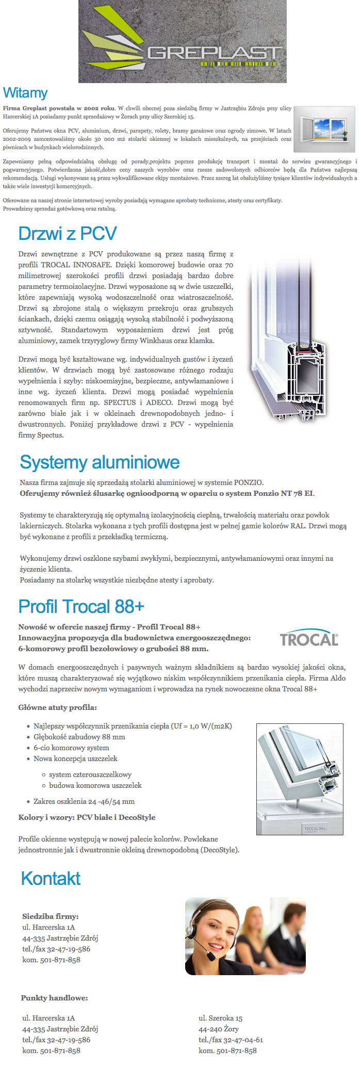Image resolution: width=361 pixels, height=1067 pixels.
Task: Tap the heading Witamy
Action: tap(25, 93)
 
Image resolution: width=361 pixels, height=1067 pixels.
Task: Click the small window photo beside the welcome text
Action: tap(324, 129)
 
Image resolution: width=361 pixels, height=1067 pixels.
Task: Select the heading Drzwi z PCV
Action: tap(68, 233)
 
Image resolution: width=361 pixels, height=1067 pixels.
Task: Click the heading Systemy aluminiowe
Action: tap(100, 462)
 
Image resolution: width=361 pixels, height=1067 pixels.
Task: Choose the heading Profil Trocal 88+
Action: tap(81, 606)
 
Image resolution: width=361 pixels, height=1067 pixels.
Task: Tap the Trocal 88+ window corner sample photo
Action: tap(300, 779)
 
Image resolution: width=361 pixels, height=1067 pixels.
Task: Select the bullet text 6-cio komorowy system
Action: tap(71, 748)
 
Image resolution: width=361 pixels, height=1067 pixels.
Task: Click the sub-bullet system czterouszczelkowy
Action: tap(90, 774)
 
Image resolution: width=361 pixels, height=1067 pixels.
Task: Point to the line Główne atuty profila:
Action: tap(57, 707)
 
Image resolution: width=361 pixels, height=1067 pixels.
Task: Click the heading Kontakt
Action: tap(51, 878)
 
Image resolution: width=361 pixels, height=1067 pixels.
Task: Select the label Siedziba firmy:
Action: tap(51, 916)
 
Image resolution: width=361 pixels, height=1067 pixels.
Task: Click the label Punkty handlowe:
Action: tap(54, 998)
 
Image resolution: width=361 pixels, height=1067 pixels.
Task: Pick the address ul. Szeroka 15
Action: tap(220, 1018)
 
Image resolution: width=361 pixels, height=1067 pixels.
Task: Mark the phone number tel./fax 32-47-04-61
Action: tap(231, 1040)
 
